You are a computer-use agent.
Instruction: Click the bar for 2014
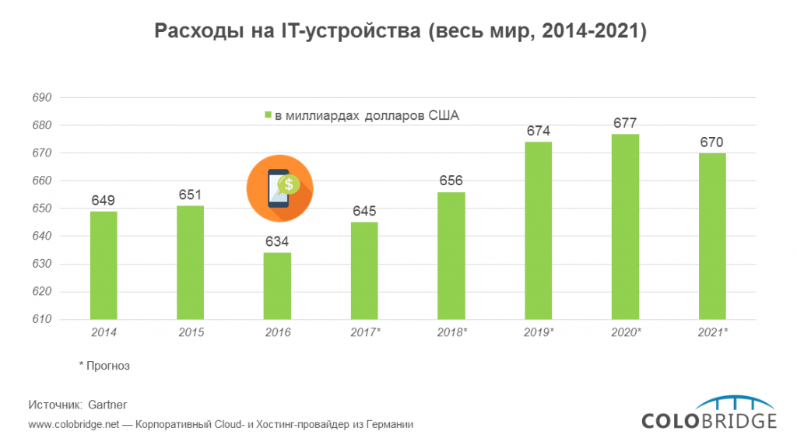pyautogui.click(x=104, y=265)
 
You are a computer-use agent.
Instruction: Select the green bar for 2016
pyautogui.click(x=278, y=286)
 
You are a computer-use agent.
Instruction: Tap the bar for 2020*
pyautogui.click(x=625, y=226)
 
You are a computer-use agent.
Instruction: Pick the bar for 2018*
pyautogui.click(x=451, y=255)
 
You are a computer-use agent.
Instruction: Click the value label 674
pyautogui.click(x=539, y=131)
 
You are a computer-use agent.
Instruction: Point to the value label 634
pyautogui.click(x=278, y=241)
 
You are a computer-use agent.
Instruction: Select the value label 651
pyautogui.click(x=191, y=195)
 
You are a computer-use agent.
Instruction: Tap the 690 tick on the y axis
pyautogui.click(x=41, y=98)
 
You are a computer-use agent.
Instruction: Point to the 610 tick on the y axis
pyautogui.click(x=41, y=320)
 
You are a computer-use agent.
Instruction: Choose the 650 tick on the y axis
pyautogui.click(x=41, y=209)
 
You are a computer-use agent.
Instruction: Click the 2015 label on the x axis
pyautogui.click(x=191, y=333)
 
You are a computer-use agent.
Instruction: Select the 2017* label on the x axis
pyautogui.click(x=364, y=333)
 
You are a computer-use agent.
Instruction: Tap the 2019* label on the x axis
pyautogui.click(x=539, y=333)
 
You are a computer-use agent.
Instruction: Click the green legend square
pyautogui.click(x=267, y=116)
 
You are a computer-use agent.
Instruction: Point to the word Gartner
pyautogui.click(x=107, y=405)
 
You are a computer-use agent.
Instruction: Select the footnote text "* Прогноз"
pyautogui.click(x=104, y=364)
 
